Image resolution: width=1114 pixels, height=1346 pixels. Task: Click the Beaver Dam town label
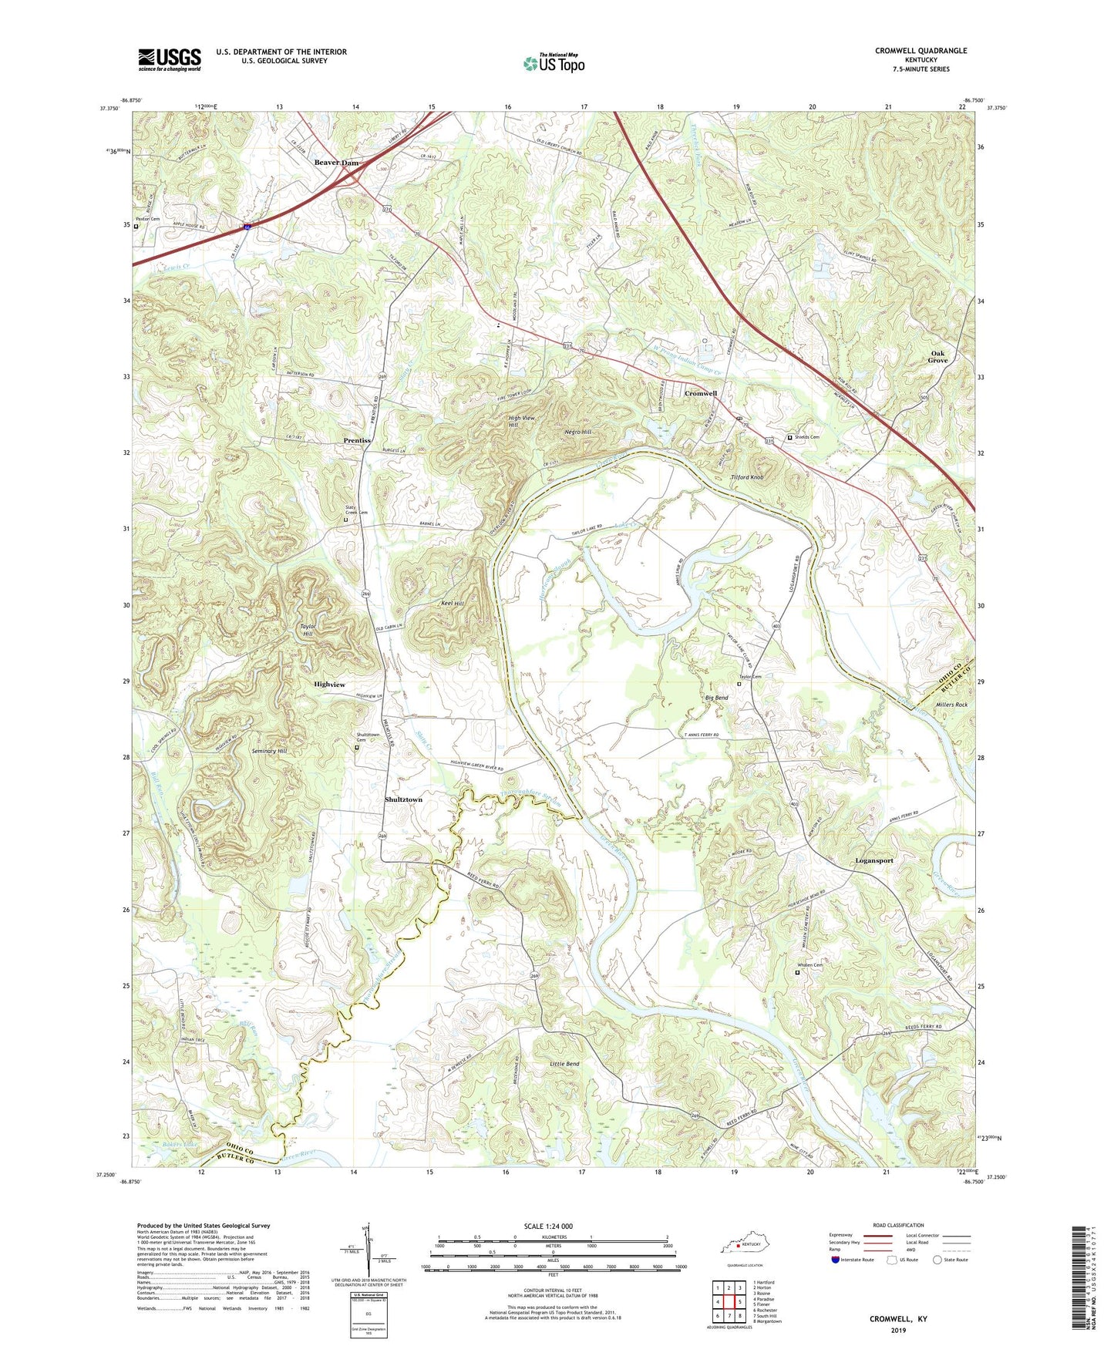click(x=335, y=163)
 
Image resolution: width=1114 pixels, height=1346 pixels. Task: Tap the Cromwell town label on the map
click(x=700, y=393)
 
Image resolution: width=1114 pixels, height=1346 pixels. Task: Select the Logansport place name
click(x=873, y=860)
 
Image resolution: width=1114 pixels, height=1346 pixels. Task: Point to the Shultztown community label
click(x=403, y=799)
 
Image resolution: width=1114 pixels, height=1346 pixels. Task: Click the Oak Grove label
click(x=937, y=356)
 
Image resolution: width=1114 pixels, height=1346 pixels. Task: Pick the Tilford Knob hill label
click(x=746, y=477)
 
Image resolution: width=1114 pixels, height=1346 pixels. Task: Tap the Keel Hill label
click(x=452, y=603)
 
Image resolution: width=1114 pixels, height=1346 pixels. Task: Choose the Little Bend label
click(x=564, y=1064)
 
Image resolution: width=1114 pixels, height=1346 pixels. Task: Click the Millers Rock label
click(x=951, y=705)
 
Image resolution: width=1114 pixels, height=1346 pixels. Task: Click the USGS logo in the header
click(x=170, y=59)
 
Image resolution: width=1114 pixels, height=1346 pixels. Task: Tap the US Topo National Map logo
click(x=553, y=62)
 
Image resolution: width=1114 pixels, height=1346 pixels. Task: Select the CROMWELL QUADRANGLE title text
click(x=920, y=51)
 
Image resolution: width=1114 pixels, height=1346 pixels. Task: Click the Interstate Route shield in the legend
click(x=834, y=1260)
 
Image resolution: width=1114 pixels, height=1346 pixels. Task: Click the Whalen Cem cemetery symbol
click(x=797, y=972)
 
